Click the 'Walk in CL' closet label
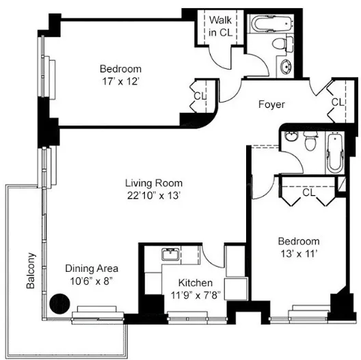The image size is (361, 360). (x=220, y=27)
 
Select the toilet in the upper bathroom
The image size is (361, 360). (x=280, y=44)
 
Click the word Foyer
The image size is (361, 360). (x=271, y=105)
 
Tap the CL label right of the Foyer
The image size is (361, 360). (x=336, y=102)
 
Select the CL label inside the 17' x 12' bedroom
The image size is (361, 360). (x=199, y=96)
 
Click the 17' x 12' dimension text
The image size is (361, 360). (x=120, y=81)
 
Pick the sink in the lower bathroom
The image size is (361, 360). (x=292, y=136)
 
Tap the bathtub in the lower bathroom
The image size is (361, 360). (x=335, y=154)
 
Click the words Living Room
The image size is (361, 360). (x=153, y=182)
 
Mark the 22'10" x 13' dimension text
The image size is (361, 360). (x=153, y=195)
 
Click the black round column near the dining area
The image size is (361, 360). (x=62, y=302)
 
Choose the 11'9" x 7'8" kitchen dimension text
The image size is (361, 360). (x=195, y=295)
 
